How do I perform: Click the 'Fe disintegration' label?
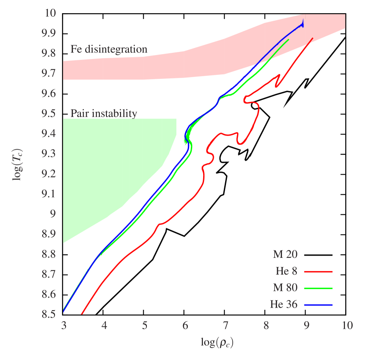pos(109,50)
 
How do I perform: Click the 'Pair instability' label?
pos(103,114)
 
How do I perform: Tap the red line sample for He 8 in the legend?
pos(318,272)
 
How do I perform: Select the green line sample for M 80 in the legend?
pos(318,288)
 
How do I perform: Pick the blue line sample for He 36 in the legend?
pos(318,305)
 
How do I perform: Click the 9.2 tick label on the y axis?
pos(49,174)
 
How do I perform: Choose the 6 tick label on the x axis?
pos(185,326)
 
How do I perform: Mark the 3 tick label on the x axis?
pos(64,326)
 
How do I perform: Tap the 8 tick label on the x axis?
pos(266,326)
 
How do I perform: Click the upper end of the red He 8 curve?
pos(312,38)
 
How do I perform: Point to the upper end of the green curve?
pos(288,40)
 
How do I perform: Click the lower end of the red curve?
pos(81,314)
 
